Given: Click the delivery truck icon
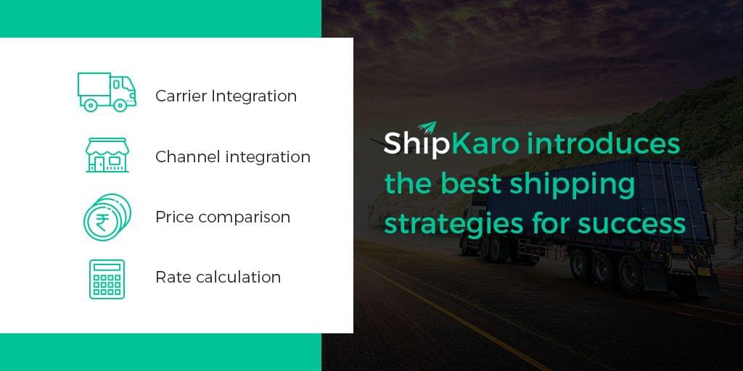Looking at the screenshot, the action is tap(107, 92).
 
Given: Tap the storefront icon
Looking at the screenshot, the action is tap(107, 155).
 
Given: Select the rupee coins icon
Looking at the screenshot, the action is tap(107, 217).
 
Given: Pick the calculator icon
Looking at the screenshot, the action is tap(107, 279).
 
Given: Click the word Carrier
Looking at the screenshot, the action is tap(181, 96).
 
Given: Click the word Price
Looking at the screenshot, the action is tap(175, 217).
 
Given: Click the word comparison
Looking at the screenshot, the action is tap(244, 217).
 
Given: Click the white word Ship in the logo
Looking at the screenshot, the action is tap(416, 144).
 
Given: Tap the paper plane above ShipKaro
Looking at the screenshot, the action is tap(427, 128).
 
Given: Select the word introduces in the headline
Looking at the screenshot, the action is tap(603, 143).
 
